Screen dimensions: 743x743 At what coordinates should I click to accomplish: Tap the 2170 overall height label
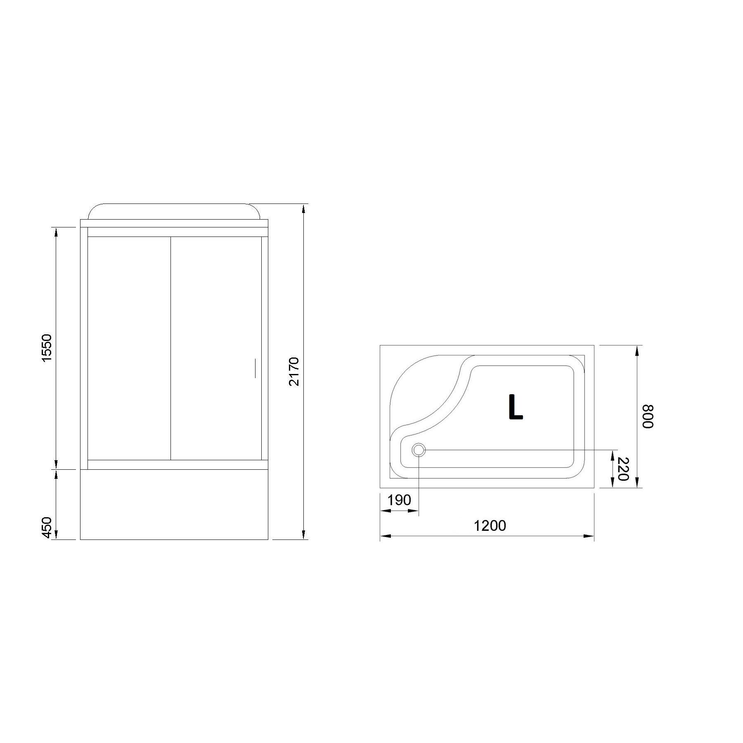pyautogui.click(x=293, y=371)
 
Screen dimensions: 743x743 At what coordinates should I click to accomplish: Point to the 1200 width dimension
pyautogui.click(x=490, y=525)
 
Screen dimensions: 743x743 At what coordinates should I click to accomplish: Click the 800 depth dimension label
pyautogui.click(x=647, y=416)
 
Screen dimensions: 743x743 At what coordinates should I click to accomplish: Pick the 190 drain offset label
pyautogui.click(x=399, y=500)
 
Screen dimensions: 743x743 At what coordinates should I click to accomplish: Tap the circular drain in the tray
pyautogui.click(x=419, y=450)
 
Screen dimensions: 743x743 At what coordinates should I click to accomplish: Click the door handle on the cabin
pyautogui.click(x=255, y=369)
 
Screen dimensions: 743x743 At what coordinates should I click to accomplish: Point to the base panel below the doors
pyautogui.click(x=174, y=504)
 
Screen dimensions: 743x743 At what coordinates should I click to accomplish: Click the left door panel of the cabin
pyautogui.click(x=129, y=348)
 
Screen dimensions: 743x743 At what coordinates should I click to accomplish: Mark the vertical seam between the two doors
pyautogui.click(x=171, y=348)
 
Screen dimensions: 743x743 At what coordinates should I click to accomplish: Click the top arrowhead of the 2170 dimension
pyautogui.click(x=304, y=208)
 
